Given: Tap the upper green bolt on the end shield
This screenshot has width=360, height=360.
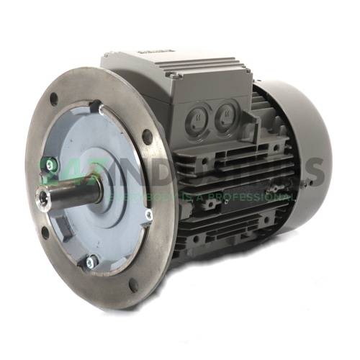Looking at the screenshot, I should pyautogui.click(x=50, y=165).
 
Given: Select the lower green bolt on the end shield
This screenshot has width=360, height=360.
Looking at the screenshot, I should pyautogui.click(x=91, y=261).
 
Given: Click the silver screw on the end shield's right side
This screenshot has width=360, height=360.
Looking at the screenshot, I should pyautogui.click(x=148, y=214).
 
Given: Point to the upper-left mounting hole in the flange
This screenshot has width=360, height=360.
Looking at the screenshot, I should pyautogui.click(x=54, y=99).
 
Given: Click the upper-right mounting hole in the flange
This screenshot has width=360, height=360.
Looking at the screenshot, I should pyautogui.click(x=147, y=136).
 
